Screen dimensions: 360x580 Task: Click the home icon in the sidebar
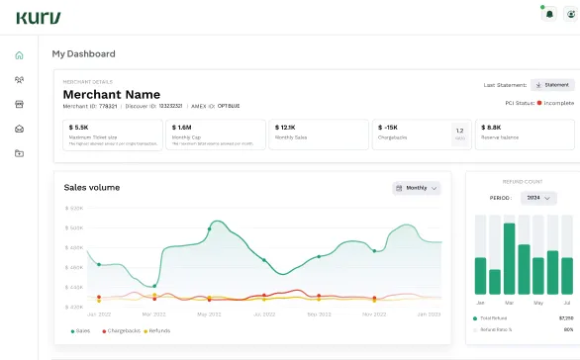click(19, 54)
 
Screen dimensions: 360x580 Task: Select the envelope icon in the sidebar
click(19, 129)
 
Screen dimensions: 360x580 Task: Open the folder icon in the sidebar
click(19, 153)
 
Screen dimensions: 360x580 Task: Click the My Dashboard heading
click(83, 53)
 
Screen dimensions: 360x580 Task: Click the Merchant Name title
click(112, 94)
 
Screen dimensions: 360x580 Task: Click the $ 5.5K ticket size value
click(79, 128)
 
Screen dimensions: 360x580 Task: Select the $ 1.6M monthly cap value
click(182, 128)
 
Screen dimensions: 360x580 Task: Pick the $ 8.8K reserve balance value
click(494, 128)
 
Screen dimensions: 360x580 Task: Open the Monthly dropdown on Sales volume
click(417, 187)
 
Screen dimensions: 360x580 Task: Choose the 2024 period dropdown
click(537, 198)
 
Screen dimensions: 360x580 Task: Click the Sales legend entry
click(80, 330)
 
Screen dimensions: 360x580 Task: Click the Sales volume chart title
click(96, 186)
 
